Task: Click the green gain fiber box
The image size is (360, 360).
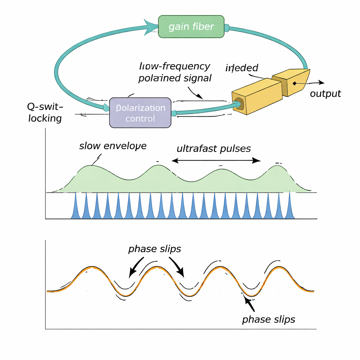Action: point(191,26)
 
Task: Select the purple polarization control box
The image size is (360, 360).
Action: point(140,112)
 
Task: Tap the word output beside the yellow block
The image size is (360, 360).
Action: point(325,94)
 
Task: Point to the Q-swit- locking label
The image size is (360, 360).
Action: point(45,112)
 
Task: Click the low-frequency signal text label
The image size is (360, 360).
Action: point(175,72)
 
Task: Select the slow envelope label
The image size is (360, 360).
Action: point(112,146)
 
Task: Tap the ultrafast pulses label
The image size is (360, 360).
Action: point(214,148)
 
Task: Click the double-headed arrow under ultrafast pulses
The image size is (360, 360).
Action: point(216,160)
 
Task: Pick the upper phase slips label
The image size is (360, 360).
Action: point(155,249)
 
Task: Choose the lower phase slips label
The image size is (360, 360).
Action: point(269,319)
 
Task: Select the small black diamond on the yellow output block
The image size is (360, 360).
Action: point(294,83)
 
